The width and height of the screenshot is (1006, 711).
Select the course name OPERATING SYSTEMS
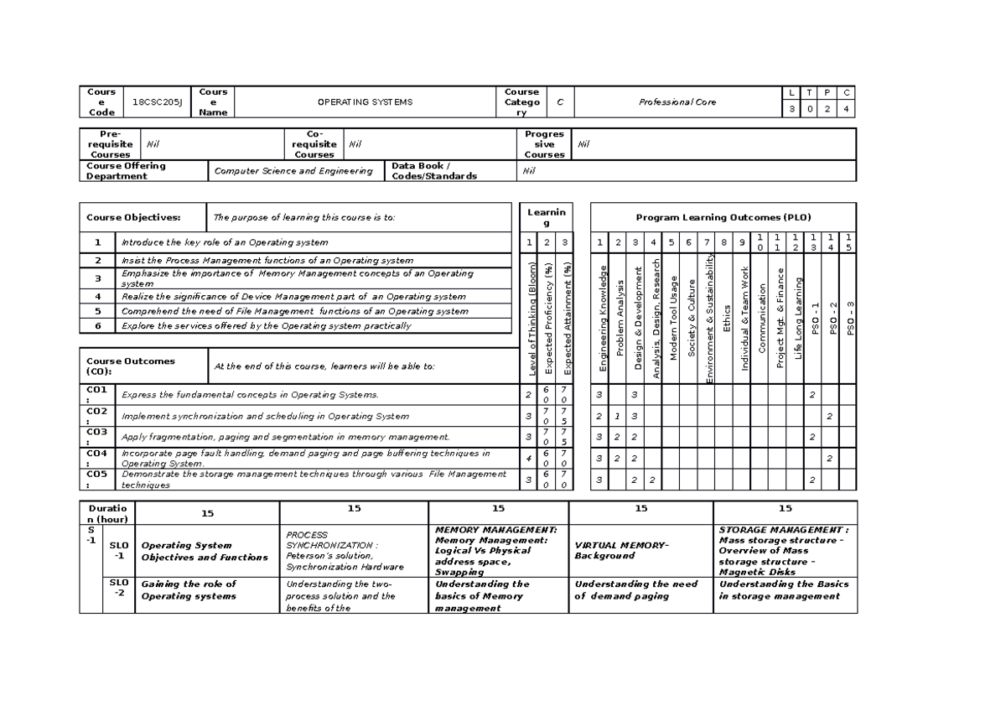pyautogui.click(x=365, y=102)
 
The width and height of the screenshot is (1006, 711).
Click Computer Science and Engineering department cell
pyautogui.click(x=293, y=171)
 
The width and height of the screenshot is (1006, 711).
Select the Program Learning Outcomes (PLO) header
pyautogui.click(x=723, y=218)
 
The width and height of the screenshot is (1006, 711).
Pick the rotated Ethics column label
pyautogui.click(x=728, y=319)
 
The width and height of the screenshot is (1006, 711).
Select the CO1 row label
pyautogui.click(x=96, y=395)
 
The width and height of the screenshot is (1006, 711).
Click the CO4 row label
pyautogui.click(x=96, y=458)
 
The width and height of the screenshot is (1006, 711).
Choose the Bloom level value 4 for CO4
pyautogui.click(x=528, y=459)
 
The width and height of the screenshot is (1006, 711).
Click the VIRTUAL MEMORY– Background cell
pyautogui.click(x=620, y=551)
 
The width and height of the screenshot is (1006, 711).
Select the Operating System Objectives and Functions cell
pyautogui.click(x=205, y=551)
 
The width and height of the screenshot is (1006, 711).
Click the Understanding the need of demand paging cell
pyautogui.click(x=635, y=590)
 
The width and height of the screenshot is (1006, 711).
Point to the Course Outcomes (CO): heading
pyautogui.click(x=131, y=366)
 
